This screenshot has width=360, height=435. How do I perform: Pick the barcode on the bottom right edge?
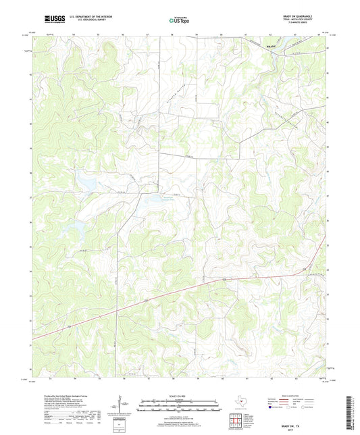tap(353, 409)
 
